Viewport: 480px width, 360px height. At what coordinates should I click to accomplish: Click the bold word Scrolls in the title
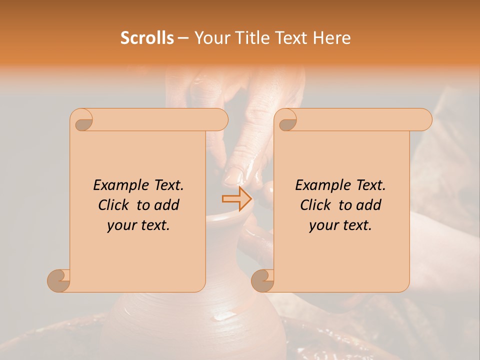coord(147,38)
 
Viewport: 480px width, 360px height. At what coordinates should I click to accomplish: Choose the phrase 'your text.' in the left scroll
coord(138,225)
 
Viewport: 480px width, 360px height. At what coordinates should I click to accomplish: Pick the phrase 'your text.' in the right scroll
coord(340,225)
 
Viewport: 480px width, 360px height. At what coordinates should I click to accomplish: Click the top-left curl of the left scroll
coord(82,120)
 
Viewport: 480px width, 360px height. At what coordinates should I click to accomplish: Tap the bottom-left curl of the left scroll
coord(59,280)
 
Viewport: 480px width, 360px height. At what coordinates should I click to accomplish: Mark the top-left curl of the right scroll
coord(286,120)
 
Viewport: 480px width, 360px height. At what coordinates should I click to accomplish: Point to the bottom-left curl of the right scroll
coord(263,280)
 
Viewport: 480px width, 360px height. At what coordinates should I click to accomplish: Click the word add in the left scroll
coord(167,205)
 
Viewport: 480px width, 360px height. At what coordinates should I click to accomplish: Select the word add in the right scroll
coord(369,205)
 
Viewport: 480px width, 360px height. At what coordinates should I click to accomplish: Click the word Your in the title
coord(210,38)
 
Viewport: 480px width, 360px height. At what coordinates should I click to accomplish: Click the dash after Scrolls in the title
coord(182,38)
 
